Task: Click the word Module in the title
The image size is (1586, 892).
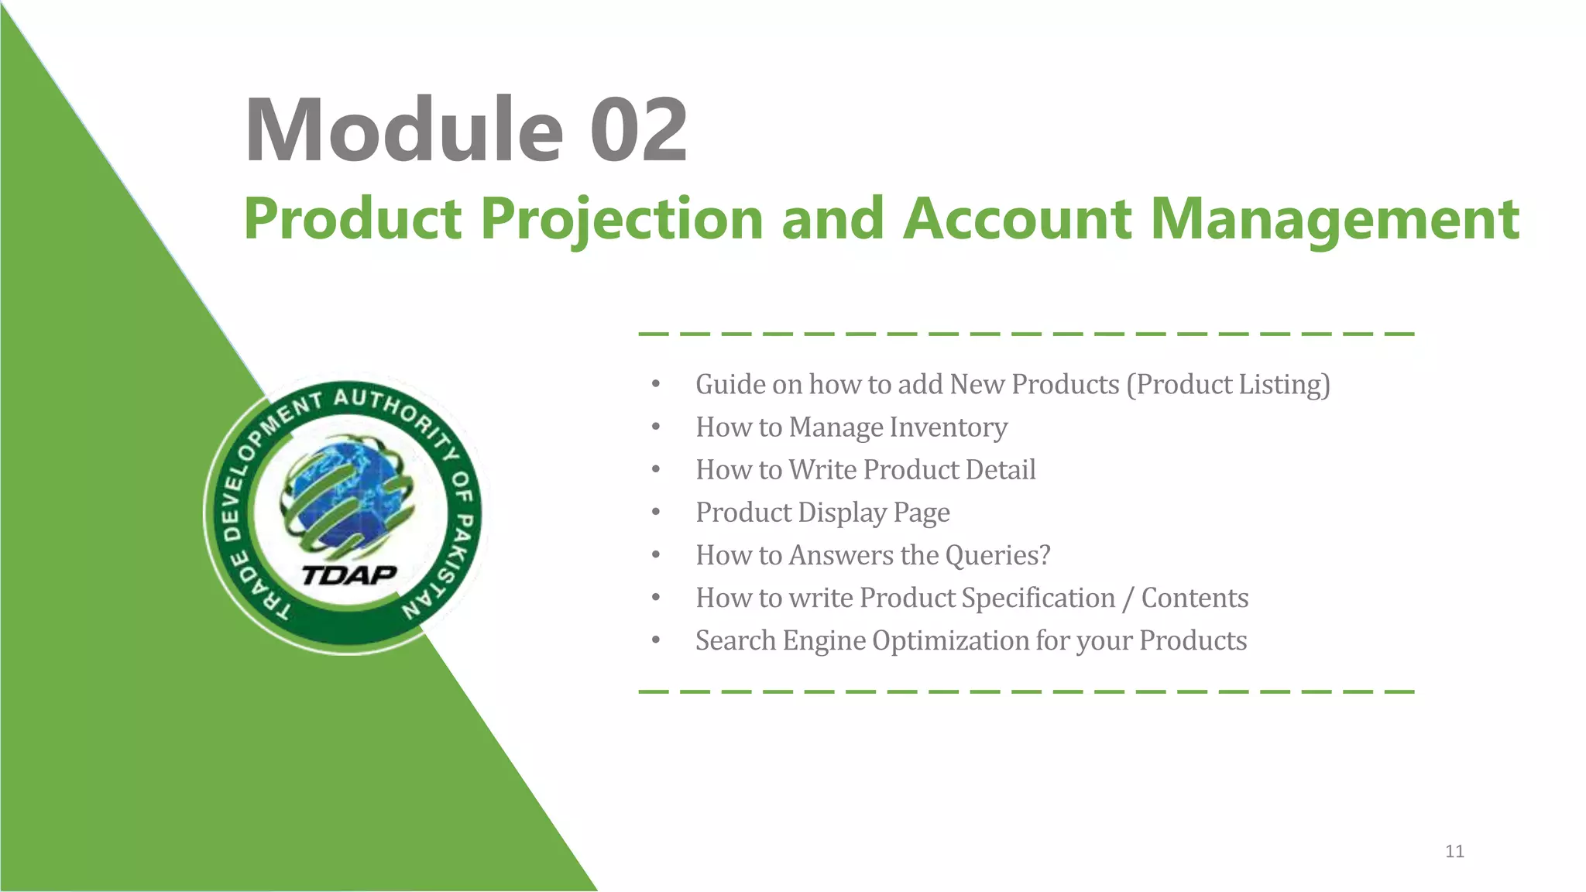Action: tap(403, 130)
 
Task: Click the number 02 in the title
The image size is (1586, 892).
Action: tap(638, 130)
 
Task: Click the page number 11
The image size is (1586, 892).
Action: tap(1454, 852)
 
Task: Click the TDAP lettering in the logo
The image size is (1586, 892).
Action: tap(349, 575)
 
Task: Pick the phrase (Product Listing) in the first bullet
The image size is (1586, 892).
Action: tap(1227, 385)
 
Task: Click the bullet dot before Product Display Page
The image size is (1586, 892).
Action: tap(656, 513)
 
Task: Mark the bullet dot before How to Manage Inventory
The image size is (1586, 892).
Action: tap(656, 427)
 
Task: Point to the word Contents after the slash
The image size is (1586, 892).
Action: tap(1194, 598)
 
